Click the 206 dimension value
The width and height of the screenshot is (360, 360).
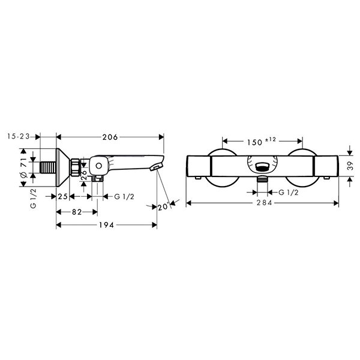tap(110, 137)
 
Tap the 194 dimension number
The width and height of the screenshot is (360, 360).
tap(106, 225)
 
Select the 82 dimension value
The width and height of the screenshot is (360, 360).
tap(77, 212)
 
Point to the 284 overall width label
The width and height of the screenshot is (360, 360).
tap(264, 203)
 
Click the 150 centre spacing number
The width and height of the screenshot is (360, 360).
tap(254, 142)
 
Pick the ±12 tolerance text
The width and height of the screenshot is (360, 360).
tap(271, 140)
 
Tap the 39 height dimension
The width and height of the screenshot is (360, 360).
tap(350, 166)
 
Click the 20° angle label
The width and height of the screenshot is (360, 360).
tap(163, 207)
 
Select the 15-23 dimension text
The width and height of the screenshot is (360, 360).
tap(19, 137)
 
